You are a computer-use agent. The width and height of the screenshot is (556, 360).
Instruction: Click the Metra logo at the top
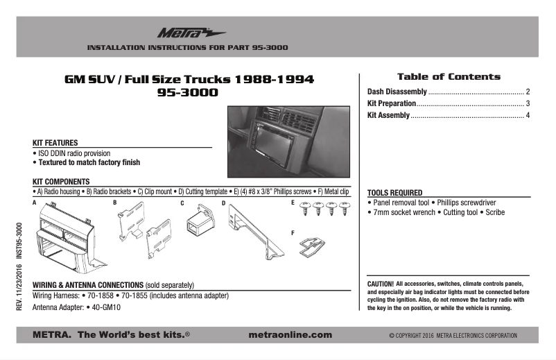click(181, 32)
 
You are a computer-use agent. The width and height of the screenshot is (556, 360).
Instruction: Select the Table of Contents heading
click(448, 77)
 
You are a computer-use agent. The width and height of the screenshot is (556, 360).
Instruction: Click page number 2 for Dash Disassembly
click(528, 92)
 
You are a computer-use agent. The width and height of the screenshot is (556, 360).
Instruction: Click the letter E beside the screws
click(293, 203)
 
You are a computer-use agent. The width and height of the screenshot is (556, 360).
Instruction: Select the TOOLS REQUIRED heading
click(394, 193)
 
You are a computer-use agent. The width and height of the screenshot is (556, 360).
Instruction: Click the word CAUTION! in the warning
click(381, 284)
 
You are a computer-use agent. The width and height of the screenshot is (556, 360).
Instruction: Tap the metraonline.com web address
click(290, 335)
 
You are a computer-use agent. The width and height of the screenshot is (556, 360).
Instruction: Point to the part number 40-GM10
click(107, 307)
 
